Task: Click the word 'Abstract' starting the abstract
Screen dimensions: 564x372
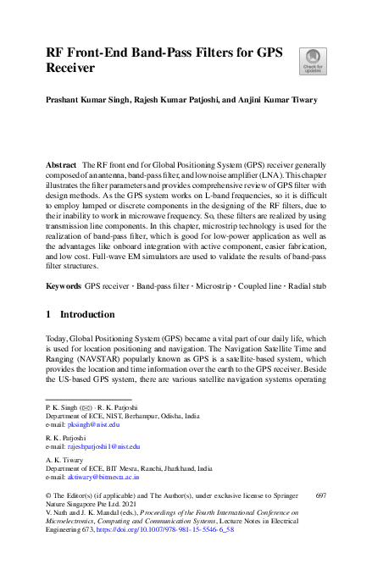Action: point(62,162)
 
